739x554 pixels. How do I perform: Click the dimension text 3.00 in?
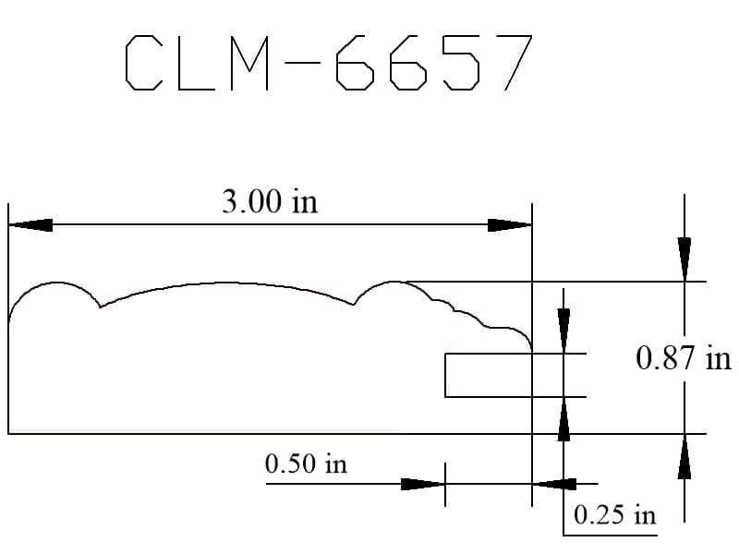270,201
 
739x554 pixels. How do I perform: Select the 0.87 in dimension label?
684,358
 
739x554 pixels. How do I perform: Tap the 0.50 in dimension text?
306,464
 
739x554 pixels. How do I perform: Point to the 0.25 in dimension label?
614,514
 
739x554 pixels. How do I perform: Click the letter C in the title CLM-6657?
144,63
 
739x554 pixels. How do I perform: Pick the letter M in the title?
249,63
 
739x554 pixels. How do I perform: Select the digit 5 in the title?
461,63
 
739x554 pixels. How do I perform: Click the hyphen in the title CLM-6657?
303,63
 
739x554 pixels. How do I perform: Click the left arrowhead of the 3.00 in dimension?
30,225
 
